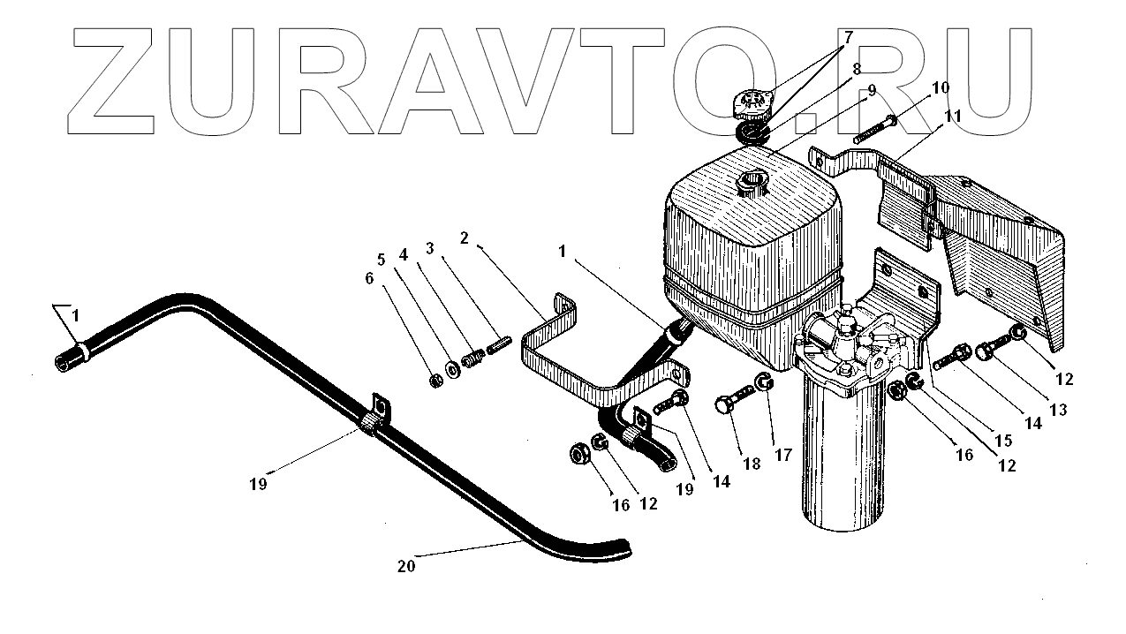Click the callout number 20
click(405, 567)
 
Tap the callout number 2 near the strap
click(463, 238)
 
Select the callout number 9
click(871, 90)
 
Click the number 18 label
click(751, 463)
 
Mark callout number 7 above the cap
click(848, 37)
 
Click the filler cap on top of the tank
click(752, 105)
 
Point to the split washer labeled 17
click(763, 385)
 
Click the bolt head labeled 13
click(987, 351)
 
